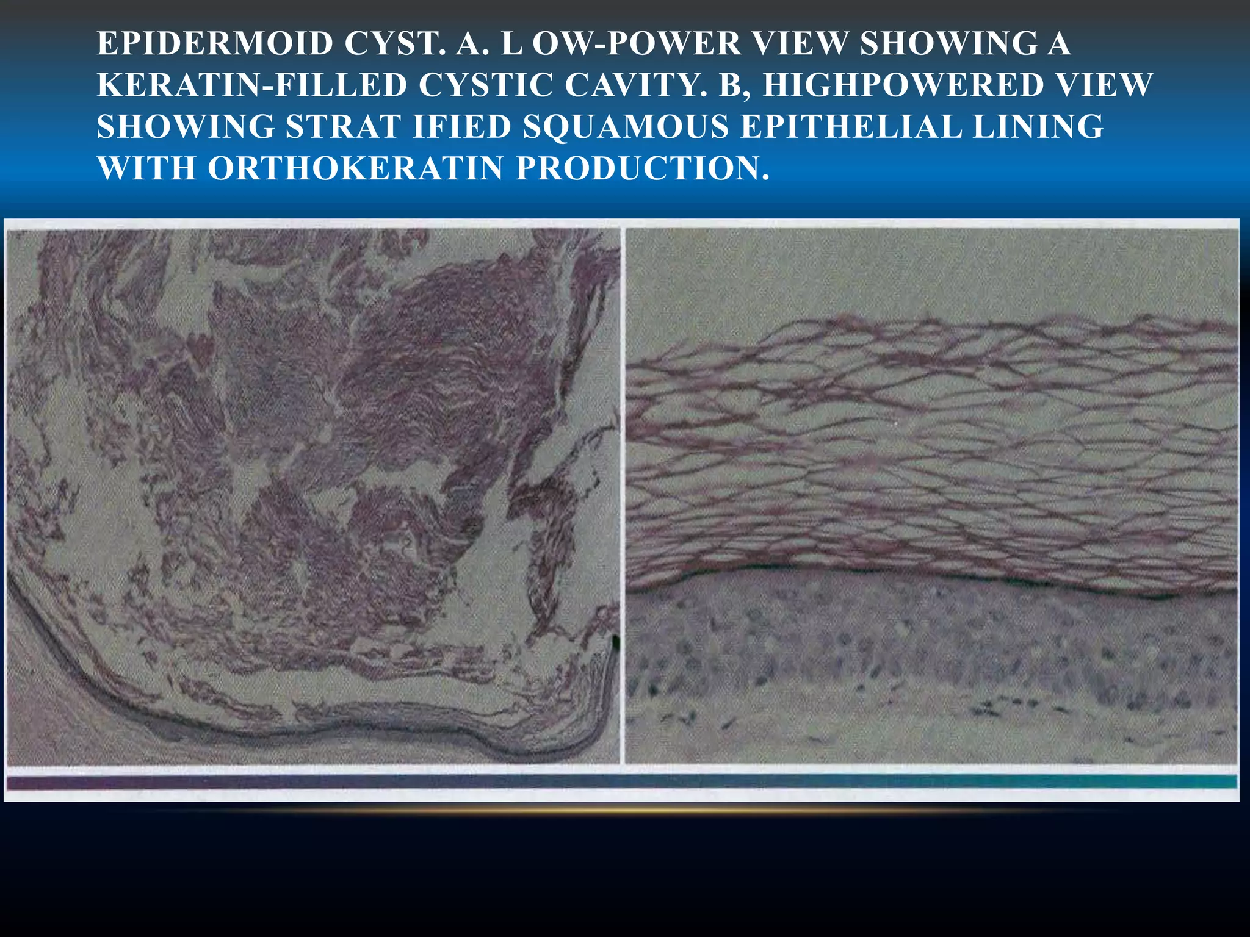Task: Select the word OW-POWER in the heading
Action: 636,44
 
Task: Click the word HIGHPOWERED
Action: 903,85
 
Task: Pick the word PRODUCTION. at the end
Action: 643,168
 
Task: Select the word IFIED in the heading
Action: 462,127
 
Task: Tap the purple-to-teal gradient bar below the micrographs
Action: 621,782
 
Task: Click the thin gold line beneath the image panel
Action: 621,811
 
